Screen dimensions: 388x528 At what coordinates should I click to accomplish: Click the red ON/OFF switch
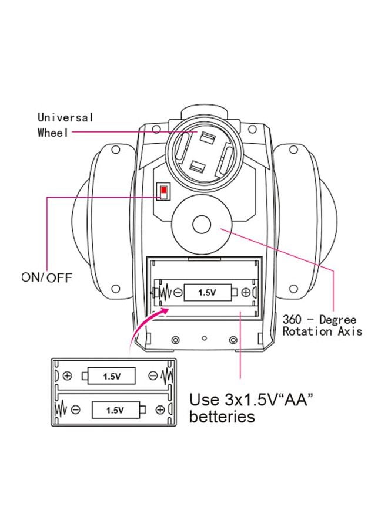tap(163, 190)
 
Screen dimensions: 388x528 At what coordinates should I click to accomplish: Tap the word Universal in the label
tap(65, 117)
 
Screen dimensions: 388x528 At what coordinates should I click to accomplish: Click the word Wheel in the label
tap(53, 133)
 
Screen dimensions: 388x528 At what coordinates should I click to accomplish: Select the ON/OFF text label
tap(47, 278)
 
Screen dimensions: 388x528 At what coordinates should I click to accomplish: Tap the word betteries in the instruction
tap(222, 417)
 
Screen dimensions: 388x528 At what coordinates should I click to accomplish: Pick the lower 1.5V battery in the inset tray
tap(119, 410)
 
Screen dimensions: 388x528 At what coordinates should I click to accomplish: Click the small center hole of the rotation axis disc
tap(202, 225)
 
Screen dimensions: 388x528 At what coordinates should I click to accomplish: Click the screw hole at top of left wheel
tap(116, 149)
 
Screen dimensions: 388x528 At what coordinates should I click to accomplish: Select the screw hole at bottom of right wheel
tap(293, 289)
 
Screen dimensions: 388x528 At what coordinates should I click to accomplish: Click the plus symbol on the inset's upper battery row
tap(68, 376)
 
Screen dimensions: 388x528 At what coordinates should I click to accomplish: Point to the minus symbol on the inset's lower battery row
tap(76, 410)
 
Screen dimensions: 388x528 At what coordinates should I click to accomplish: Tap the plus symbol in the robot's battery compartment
tap(246, 292)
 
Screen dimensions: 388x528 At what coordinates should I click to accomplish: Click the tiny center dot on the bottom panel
tap(204, 338)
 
